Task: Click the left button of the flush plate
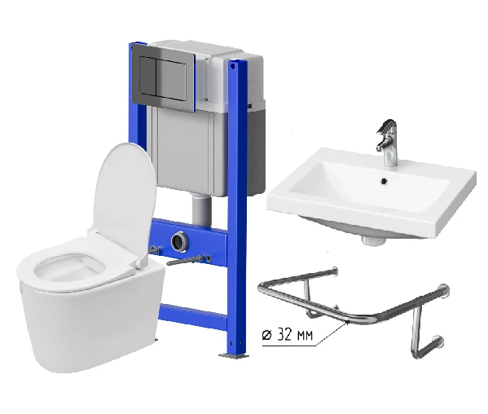click(147, 75)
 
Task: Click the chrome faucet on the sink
click(387, 143)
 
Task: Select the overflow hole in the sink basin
click(385, 181)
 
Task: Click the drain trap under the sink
click(373, 240)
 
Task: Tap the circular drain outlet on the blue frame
click(178, 242)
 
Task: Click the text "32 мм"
click(295, 335)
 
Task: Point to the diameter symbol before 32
click(266, 335)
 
